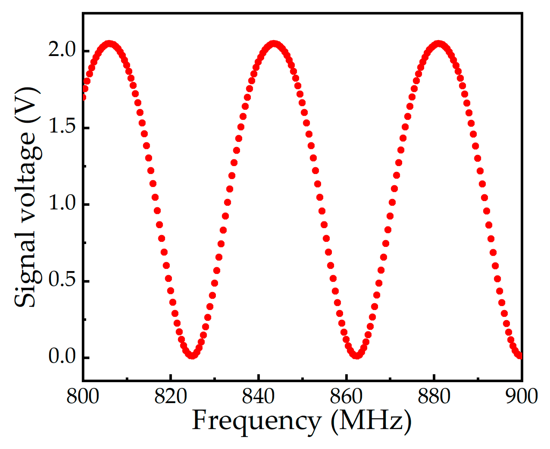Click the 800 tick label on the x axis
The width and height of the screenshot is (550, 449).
pyautogui.click(x=83, y=396)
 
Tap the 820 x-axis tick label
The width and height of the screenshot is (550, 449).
pyautogui.click(x=171, y=396)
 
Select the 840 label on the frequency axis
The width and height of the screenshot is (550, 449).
pyautogui.click(x=258, y=396)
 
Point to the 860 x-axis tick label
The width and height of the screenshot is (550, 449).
pyautogui.click(x=346, y=396)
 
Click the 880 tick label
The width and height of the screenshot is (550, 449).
pyautogui.click(x=434, y=396)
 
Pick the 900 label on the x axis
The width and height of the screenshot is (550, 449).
pyautogui.click(x=521, y=396)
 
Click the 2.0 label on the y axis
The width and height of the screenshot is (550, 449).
pyautogui.click(x=62, y=50)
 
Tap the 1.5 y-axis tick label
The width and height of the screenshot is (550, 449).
pyautogui.click(x=62, y=127)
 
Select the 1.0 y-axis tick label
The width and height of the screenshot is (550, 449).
pyautogui.click(x=62, y=203)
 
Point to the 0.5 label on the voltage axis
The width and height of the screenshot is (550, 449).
pyautogui.click(x=62, y=280)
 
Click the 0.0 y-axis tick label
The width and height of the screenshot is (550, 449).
pyautogui.click(x=62, y=356)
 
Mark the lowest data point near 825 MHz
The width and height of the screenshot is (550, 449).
pyautogui.click(x=192, y=355)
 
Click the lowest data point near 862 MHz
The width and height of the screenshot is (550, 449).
pyautogui.click(x=357, y=355)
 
